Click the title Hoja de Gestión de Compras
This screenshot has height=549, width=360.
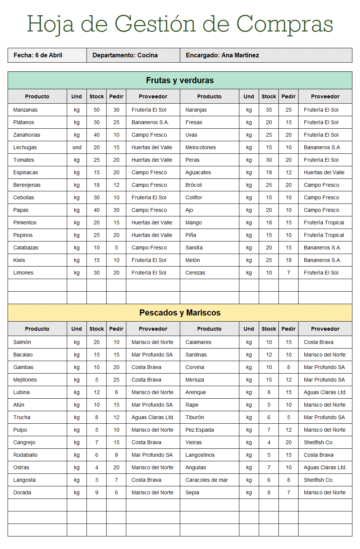pyautogui.click(x=180, y=24)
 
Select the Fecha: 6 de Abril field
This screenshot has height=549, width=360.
pyautogui.click(x=38, y=55)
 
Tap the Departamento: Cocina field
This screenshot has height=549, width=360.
pyautogui.click(x=125, y=55)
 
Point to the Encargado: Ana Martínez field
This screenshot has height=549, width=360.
pyautogui.click(x=222, y=55)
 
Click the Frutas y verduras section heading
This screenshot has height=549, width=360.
pyautogui.click(x=180, y=80)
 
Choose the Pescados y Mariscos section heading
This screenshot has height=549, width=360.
pyautogui.click(x=180, y=313)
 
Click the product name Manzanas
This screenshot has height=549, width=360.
pyautogui.click(x=25, y=110)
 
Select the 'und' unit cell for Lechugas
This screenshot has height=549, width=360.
pyautogui.click(x=77, y=147)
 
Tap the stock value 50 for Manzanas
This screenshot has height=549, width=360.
pyautogui.click(x=97, y=110)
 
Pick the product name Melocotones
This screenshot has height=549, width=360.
pyautogui.click(x=201, y=147)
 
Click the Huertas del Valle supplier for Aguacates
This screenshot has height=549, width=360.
pyautogui.click(x=324, y=172)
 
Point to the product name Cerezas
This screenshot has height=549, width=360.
pyautogui.click(x=195, y=273)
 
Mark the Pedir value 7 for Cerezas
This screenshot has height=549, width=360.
pyautogui.click(x=289, y=273)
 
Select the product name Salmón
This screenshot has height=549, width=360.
pyautogui.click(x=22, y=342)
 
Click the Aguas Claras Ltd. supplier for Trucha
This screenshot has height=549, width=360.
pyautogui.click(x=153, y=417)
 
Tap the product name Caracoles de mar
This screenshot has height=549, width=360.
pyautogui.click(x=207, y=480)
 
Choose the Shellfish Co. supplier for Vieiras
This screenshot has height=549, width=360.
pyautogui.click(x=319, y=442)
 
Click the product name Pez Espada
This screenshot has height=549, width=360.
pyautogui.click(x=200, y=430)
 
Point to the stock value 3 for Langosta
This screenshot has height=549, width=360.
pyautogui.click(x=97, y=480)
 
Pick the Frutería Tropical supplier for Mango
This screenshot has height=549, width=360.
pyautogui.click(x=324, y=222)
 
